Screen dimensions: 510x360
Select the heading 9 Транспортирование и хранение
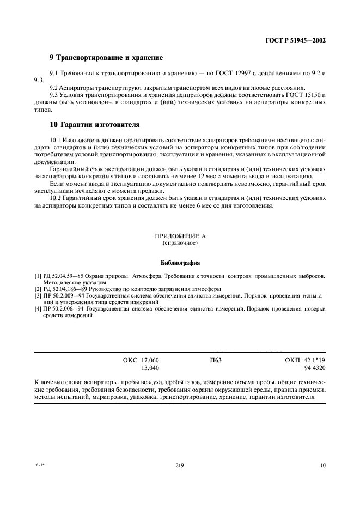point(106,57)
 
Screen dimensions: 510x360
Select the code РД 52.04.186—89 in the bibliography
point(67,288)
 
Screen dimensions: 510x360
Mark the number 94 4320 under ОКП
point(313,368)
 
